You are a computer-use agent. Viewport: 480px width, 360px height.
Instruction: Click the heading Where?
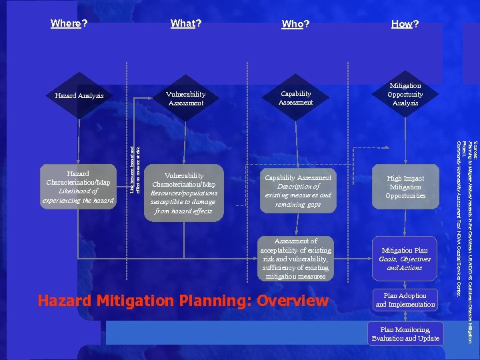point(69,24)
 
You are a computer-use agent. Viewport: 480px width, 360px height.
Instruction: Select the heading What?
point(186,24)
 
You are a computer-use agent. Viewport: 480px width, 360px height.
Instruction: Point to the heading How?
point(405,25)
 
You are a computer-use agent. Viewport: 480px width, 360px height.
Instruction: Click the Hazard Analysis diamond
point(79,96)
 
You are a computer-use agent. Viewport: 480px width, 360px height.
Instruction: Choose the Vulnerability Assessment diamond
point(186,99)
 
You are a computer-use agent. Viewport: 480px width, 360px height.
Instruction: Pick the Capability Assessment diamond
point(295,98)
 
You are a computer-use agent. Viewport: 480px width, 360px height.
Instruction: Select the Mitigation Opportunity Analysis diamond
point(405,95)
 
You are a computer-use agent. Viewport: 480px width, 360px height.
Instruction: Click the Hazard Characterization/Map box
point(78,187)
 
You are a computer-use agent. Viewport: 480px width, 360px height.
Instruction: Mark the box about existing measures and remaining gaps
point(297,191)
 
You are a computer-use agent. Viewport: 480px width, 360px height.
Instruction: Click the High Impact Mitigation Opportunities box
point(405,187)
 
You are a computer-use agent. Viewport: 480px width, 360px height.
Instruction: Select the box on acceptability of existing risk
point(295,259)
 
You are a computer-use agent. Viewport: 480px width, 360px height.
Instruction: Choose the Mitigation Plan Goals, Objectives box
point(405,259)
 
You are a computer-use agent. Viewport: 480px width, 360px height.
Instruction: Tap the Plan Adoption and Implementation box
point(405,299)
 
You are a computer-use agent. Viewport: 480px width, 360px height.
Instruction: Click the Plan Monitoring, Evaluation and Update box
point(405,334)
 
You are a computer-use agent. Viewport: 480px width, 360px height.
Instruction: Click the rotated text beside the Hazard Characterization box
point(135,171)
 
